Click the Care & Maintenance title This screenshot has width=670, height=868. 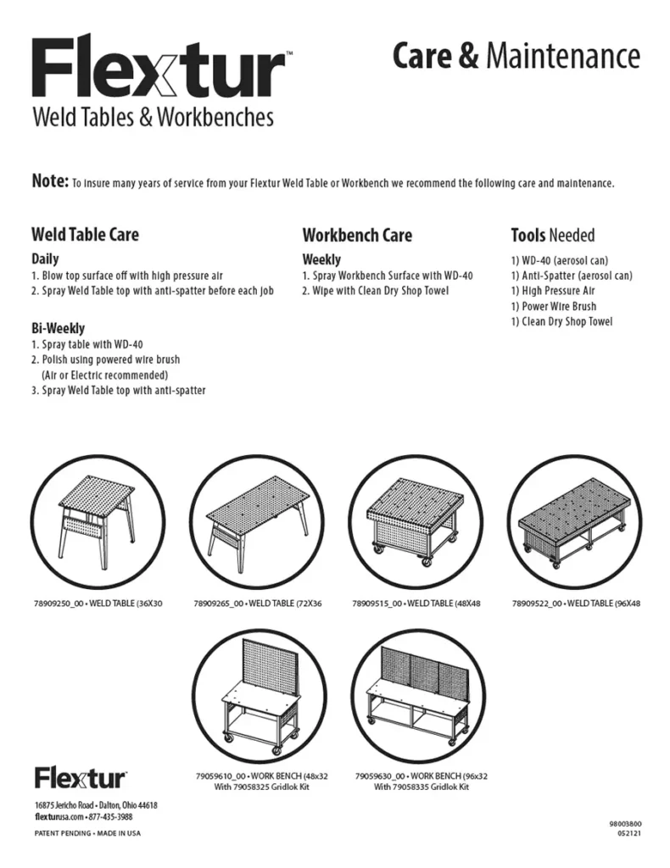516,56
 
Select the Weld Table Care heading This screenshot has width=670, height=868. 85,234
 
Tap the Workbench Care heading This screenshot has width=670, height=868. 357,235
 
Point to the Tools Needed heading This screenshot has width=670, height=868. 552,235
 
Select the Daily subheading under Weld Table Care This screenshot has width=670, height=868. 45,259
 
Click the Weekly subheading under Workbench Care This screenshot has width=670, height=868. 321,259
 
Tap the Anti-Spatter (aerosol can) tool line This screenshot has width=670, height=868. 571,275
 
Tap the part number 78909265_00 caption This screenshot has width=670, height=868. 218,604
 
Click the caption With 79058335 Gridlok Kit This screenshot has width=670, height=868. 421,787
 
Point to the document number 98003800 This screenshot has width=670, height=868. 625,823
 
